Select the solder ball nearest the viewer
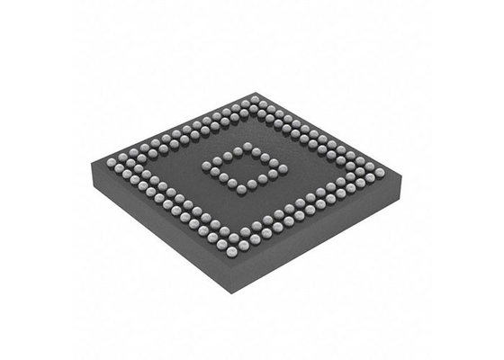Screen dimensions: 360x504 [232, 252]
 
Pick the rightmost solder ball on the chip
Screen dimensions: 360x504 [379, 172]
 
